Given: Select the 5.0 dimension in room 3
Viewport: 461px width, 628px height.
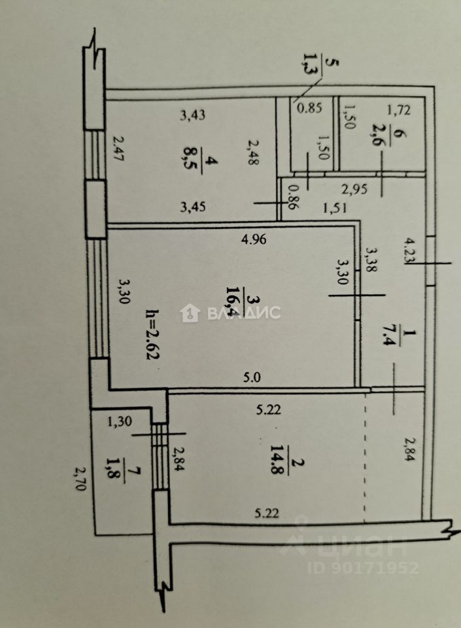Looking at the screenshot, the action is tap(252, 377).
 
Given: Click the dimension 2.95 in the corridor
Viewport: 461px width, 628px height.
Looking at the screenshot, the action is tap(354, 190).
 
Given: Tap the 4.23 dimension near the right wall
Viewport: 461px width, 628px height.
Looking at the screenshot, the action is tap(410, 250).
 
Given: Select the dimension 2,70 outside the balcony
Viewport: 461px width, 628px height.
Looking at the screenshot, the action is tap(79, 481).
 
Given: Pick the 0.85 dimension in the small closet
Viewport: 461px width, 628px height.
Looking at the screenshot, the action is tap(306, 109).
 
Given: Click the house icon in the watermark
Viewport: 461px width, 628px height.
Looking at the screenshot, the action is tap(190, 313).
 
